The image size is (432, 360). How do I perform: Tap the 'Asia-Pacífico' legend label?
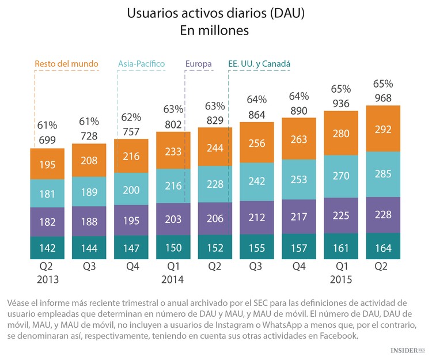[141, 63]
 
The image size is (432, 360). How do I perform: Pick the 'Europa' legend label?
[199, 63]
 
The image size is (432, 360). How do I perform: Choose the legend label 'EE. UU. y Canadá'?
[259, 63]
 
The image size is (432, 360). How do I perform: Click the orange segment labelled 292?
[383, 128]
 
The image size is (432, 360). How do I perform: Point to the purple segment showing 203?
[173, 219]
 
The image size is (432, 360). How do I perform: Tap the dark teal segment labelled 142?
[48, 249]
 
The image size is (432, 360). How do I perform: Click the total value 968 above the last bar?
[383, 98]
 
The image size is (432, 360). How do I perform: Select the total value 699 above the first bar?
[48, 140]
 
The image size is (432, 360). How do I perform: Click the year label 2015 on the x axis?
[341, 279]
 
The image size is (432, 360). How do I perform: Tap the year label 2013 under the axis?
[48, 279]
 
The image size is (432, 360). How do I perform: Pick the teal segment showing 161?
[341, 249]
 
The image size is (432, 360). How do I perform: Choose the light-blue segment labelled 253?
[299, 180]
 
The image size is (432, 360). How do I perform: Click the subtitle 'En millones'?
[215, 31]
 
